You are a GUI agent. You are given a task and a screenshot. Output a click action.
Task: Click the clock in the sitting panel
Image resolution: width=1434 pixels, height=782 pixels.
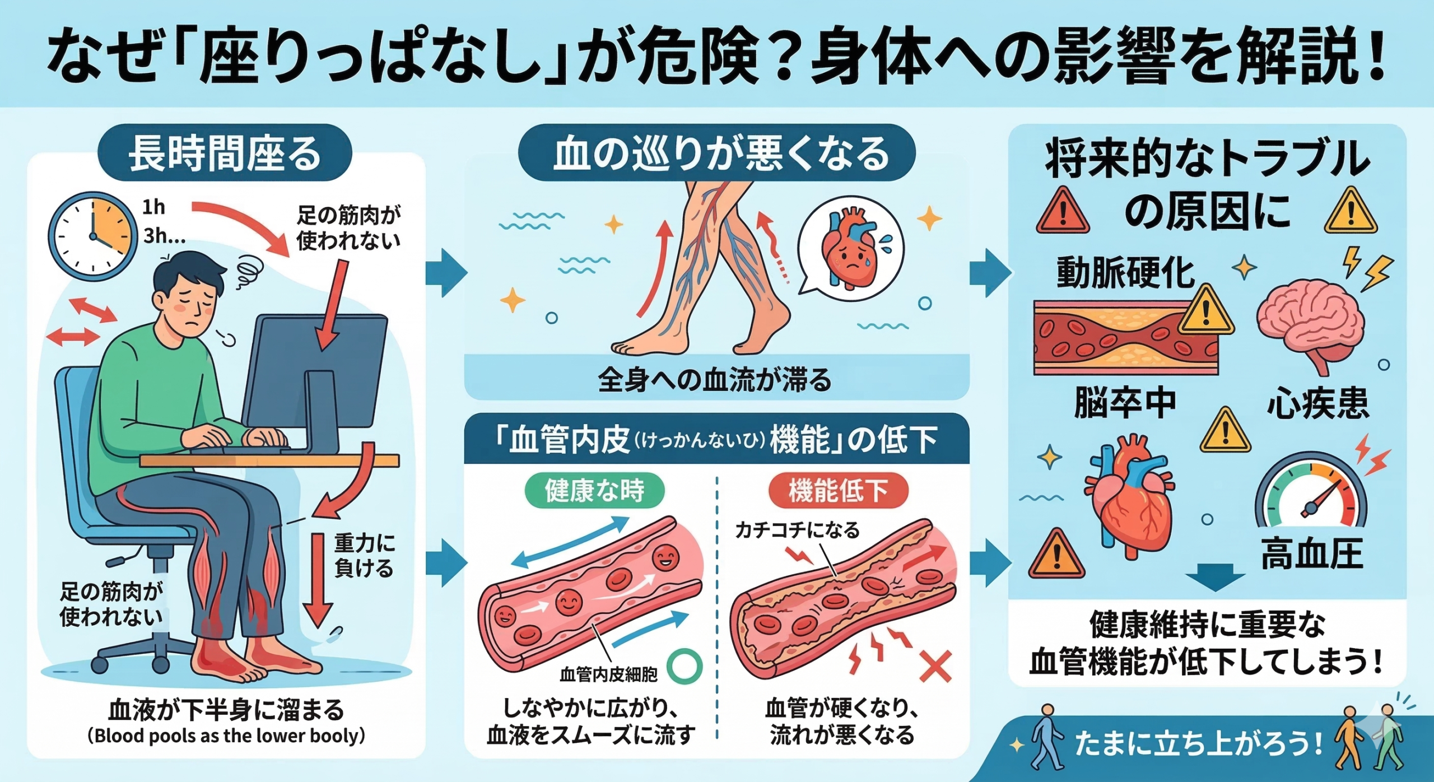[x=92, y=236]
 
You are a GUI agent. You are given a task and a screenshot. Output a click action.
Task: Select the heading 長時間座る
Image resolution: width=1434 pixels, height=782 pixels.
[x=225, y=154]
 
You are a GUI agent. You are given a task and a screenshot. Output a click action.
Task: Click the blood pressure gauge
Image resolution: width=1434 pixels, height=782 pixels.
[x=1311, y=499]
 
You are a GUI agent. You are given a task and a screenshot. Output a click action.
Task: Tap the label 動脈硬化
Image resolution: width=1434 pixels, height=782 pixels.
[x=1126, y=273]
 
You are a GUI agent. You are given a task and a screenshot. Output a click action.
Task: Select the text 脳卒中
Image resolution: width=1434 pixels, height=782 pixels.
[x=1125, y=403]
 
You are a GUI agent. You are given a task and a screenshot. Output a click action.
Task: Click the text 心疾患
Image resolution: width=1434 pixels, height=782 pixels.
[x=1317, y=403]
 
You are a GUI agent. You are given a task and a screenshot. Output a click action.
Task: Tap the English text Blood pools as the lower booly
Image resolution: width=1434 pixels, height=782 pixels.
[x=226, y=736]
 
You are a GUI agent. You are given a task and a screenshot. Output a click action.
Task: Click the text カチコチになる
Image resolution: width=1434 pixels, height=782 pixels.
[x=797, y=529]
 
